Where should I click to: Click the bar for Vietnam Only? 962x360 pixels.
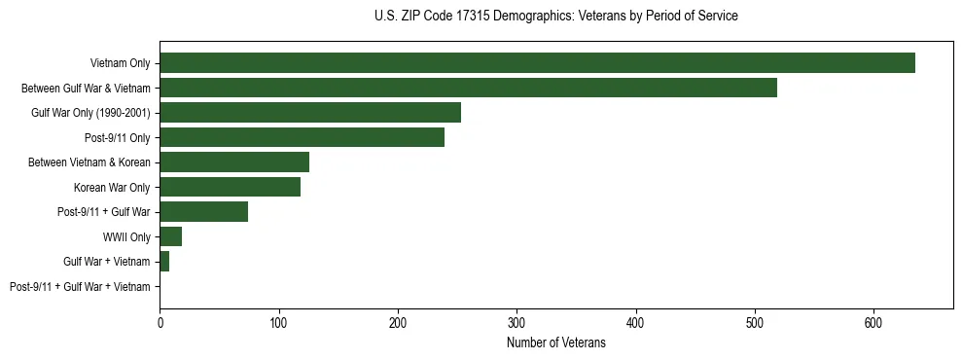click(537, 63)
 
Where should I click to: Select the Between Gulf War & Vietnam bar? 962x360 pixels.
click(468, 88)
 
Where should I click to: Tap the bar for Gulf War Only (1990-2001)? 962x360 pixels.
click(310, 113)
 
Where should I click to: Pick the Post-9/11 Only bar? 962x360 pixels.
click(302, 137)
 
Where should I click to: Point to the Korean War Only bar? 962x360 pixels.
click(230, 187)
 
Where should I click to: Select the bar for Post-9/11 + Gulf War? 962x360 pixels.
click(203, 212)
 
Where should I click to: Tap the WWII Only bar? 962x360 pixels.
click(170, 236)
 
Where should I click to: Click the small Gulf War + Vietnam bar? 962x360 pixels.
click(164, 262)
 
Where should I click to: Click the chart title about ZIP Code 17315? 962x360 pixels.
click(555, 17)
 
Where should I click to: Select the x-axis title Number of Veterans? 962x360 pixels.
click(555, 343)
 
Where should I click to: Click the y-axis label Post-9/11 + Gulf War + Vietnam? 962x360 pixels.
click(80, 287)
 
